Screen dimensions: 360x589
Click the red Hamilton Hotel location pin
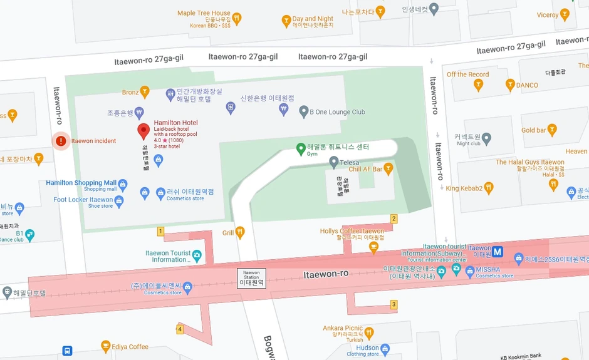click(143, 131)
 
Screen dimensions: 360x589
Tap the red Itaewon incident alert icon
click(61, 141)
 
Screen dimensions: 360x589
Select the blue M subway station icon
click(498, 252)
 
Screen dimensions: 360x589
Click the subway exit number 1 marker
click(160, 232)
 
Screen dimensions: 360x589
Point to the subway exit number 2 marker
click(394, 219)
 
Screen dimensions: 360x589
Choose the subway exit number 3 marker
click(394, 305)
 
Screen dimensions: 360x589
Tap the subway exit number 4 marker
click(180, 329)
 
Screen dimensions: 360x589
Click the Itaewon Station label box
click(251, 278)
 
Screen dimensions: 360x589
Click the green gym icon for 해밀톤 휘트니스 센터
click(301, 148)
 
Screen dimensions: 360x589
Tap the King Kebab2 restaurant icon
click(489, 188)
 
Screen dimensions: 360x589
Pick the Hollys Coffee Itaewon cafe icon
click(374, 247)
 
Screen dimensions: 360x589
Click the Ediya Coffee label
click(130, 346)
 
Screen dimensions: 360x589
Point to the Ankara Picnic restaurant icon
click(369, 332)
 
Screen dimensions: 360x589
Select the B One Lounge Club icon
click(303, 112)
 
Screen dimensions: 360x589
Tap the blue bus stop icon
click(67, 351)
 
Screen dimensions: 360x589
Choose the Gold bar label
click(533, 130)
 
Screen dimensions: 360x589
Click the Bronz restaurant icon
click(145, 93)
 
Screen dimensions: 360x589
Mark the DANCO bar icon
click(510, 85)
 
